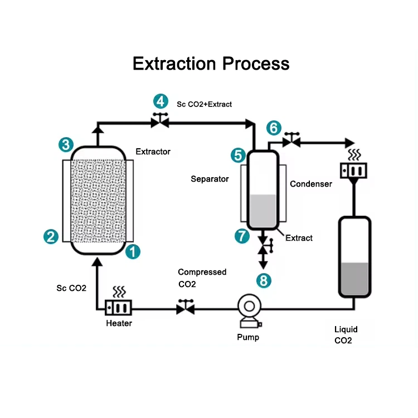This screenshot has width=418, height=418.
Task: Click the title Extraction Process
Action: [211, 63]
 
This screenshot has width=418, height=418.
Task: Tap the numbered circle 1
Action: [133, 251]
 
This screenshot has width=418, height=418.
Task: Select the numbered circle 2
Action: [51, 236]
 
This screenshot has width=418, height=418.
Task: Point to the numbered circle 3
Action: [66, 145]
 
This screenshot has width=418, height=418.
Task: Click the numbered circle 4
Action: [161, 101]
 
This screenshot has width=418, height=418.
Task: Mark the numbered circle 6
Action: [273, 128]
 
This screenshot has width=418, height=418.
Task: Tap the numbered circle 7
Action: [242, 236]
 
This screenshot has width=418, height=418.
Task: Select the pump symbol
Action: [248, 311]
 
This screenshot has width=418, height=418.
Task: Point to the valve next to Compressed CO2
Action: [185, 307]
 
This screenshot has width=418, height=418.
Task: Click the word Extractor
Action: [153, 152]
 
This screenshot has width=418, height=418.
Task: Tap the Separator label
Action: [210, 179]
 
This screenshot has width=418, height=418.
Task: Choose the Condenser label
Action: [310, 184]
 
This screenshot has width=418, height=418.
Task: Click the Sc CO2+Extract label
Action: [204, 104]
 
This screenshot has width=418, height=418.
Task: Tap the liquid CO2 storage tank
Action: [354, 258]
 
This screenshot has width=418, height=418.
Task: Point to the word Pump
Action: [248, 337]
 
